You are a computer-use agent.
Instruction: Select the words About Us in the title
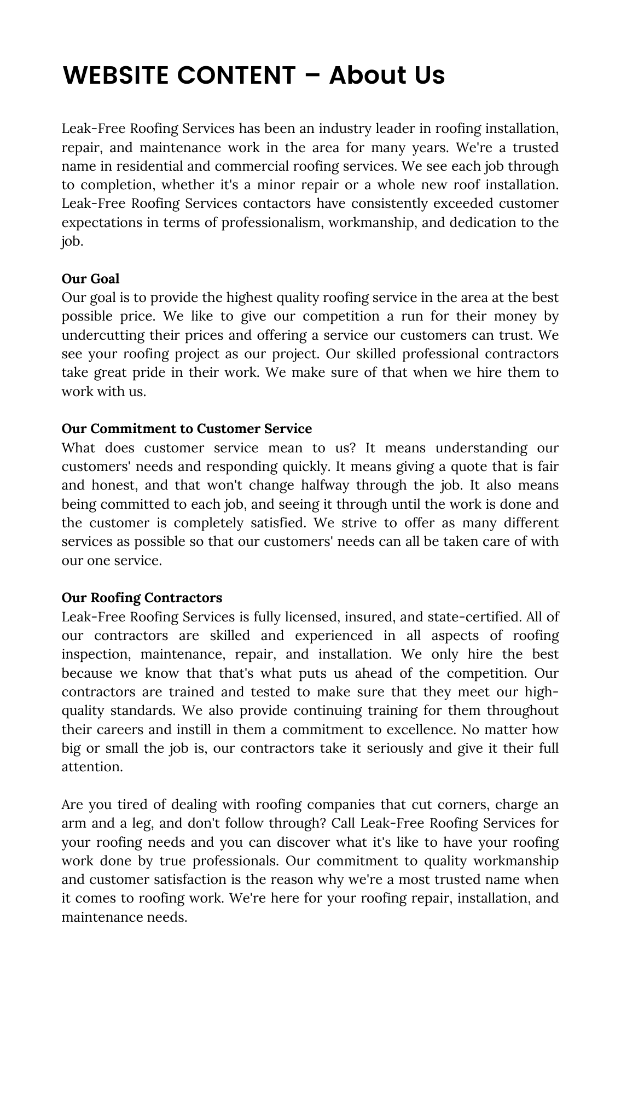click(387, 75)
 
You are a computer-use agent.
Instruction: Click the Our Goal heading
click(90, 279)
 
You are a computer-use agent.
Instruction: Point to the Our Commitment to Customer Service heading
click(187, 428)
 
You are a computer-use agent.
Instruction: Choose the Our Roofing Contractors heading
click(142, 598)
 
